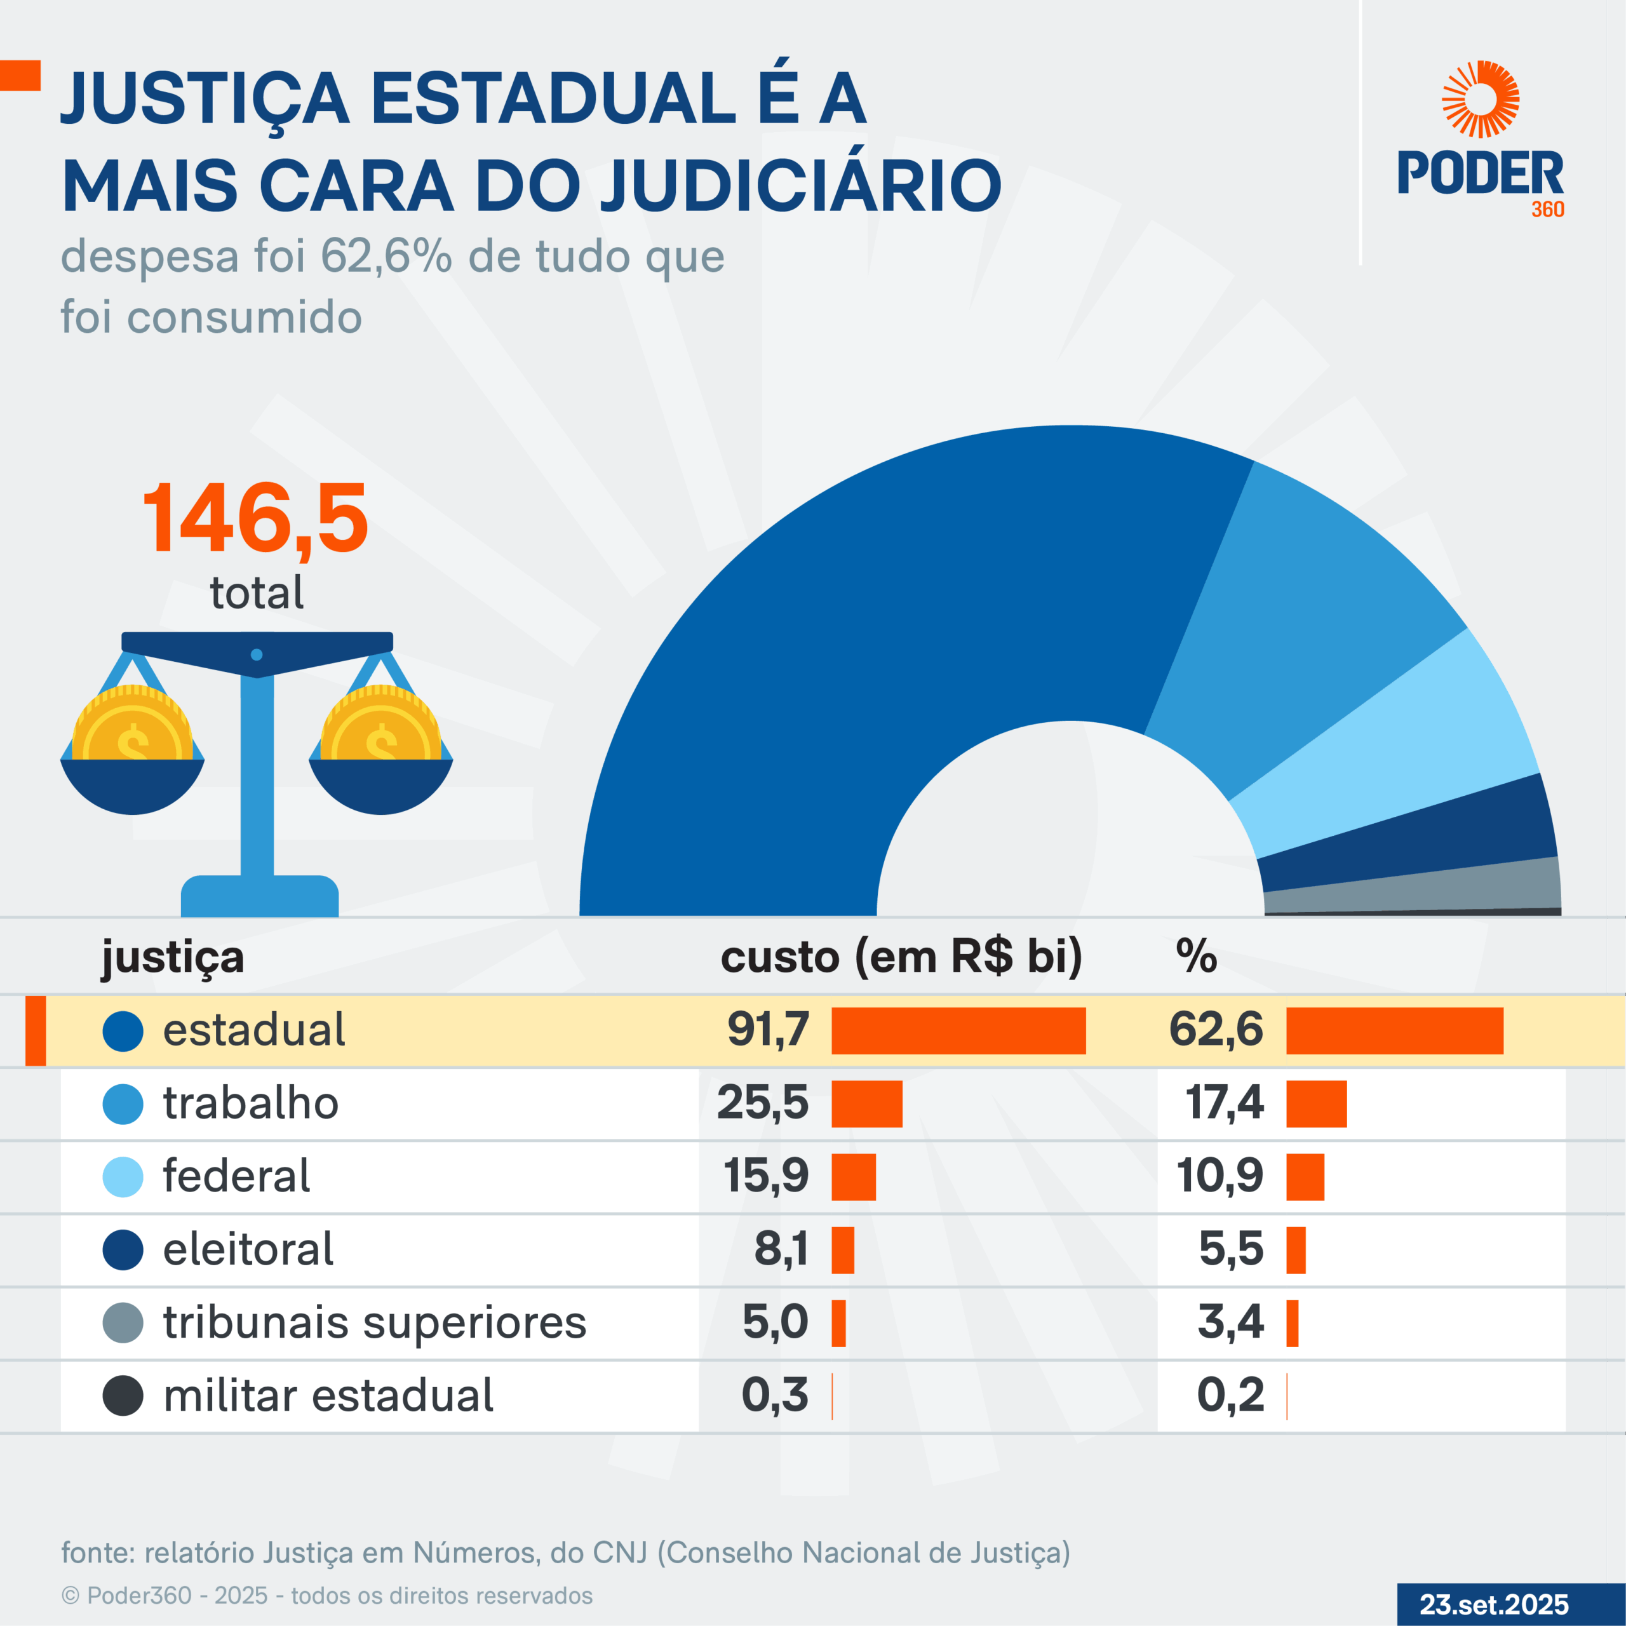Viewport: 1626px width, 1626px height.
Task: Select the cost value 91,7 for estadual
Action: tap(767, 1030)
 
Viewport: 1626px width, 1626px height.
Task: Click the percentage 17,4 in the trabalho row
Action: tap(1224, 1103)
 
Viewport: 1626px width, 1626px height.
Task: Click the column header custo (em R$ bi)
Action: tap(901, 957)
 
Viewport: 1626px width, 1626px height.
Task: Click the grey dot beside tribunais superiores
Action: tap(123, 1323)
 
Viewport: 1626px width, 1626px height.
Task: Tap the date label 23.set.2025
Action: tap(1494, 1604)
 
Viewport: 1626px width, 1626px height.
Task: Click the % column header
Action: tap(1195, 957)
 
